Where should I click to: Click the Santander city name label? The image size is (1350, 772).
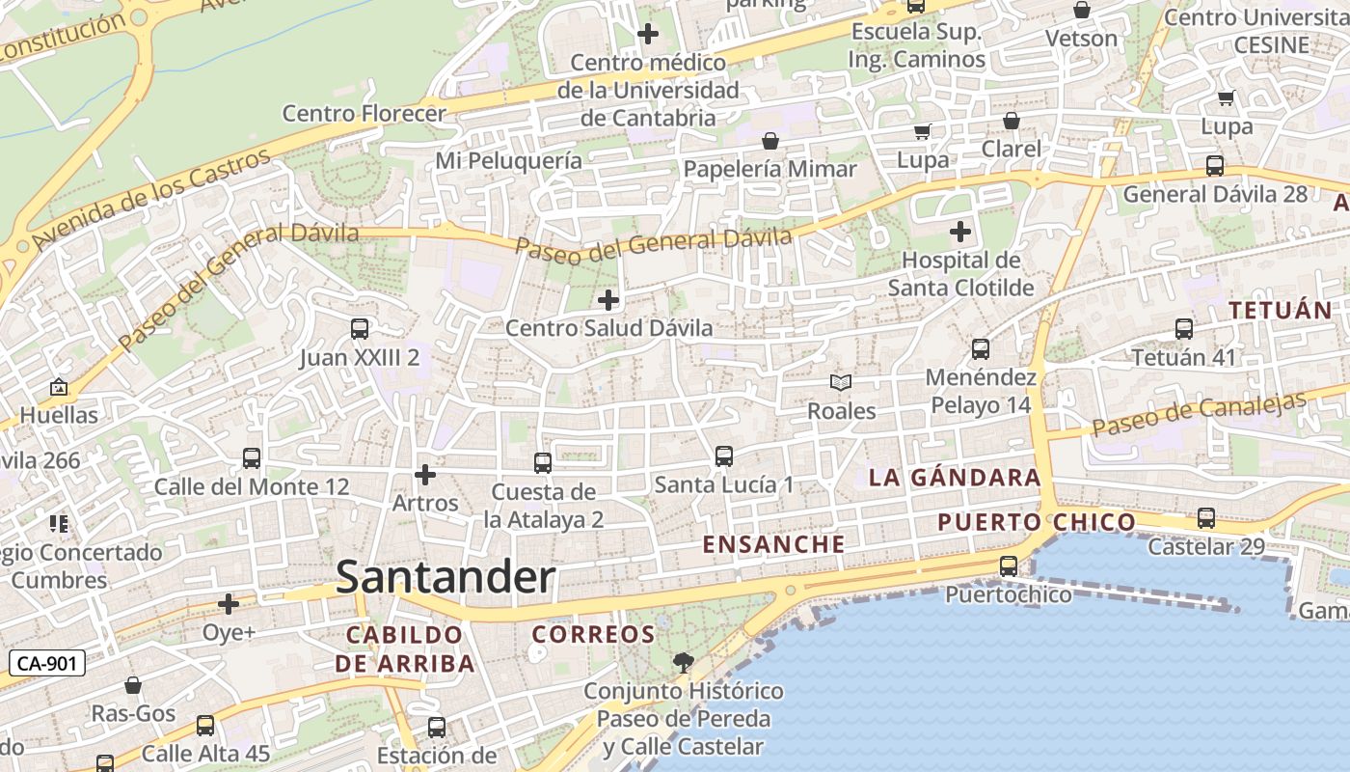click(x=445, y=577)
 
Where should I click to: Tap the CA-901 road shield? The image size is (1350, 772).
click(x=47, y=663)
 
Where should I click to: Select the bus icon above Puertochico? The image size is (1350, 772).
click(x=1009, y=566)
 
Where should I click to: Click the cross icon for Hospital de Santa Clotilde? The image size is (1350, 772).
click(x=960, y=232)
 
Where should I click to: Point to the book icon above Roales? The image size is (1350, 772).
click(x=841, y=383)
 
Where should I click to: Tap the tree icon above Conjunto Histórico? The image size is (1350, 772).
click(x=684, y=663)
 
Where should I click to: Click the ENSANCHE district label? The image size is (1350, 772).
click(x=773, y=544)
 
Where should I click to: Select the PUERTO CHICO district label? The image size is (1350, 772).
click(x=1037, y=523)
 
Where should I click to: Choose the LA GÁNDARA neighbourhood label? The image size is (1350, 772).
click(x=955, y=478)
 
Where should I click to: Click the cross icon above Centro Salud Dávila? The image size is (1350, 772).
click(x=608, y=300)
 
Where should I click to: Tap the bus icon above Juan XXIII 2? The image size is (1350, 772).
click(x=360, y=329)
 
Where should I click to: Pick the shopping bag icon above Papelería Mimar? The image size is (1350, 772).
click(x=770, y=142)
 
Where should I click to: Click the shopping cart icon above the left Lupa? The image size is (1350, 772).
click(x=923, y=131)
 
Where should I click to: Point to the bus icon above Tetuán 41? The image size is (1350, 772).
click(x=1184, y=329)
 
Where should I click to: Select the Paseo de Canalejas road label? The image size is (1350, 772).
click(x=1199, y=414)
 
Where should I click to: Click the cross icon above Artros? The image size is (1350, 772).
click(x=425, y=475)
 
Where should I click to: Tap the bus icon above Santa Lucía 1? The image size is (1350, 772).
click(x=724, y=456)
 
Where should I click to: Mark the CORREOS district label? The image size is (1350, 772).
click(x=594, y=635)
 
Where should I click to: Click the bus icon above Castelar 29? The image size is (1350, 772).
click(x=1206, y=518)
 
